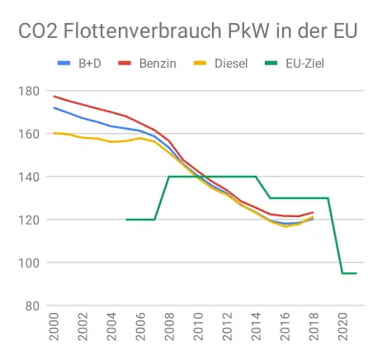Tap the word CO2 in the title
coord(42,31)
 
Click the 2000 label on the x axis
coord(54,329)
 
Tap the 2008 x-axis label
coord(169,329)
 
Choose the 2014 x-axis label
coord(256,329)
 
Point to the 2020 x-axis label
coord(342,329)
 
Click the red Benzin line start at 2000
coord(54,97)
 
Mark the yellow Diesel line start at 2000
coord(54,133)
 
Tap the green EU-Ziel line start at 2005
coord(126,220)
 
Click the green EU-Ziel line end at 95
coord(356,273)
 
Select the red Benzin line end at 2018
coord(313,213)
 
